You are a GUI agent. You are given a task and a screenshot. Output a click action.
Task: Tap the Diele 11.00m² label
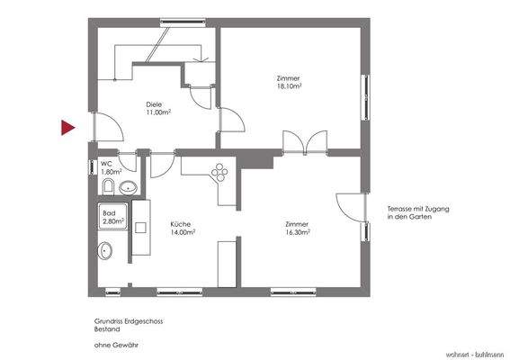tap(159, 108)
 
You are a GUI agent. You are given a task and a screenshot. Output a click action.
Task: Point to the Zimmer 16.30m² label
tap(297, 228)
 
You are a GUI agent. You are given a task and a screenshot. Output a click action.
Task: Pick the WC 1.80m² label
tap(111, 167)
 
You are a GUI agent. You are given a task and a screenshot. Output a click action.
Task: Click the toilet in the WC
tap(107, 187)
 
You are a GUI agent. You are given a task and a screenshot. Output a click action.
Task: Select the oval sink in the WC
tap(128, 188)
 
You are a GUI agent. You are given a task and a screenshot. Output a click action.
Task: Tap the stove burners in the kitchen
tap(218, 171)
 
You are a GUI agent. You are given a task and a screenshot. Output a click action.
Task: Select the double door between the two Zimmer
tap(301, 142)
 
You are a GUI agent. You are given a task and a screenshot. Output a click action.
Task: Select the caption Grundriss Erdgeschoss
tap(128, 320)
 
